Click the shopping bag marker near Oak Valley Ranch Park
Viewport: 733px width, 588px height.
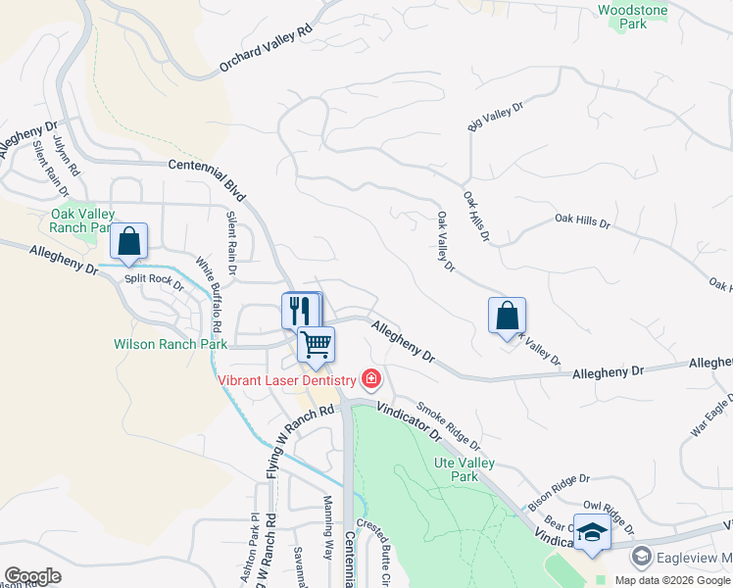(x=129, y=240)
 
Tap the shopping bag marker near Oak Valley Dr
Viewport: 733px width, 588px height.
(x=507, y=317)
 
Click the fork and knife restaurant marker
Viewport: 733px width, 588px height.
(x=300, y=311)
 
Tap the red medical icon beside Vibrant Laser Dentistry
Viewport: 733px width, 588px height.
(x=370, y=378)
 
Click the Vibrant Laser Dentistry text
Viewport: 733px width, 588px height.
(x=287, y=379)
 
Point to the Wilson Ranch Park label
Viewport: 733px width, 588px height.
(x=171, y=344)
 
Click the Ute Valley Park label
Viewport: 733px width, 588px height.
(x=464, y=469)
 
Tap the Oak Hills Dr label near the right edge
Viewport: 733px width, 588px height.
(x=582, y=223)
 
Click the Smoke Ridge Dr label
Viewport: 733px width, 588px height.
(x=448, y=424)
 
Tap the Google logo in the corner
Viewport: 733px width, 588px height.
(x=32, y=576)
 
